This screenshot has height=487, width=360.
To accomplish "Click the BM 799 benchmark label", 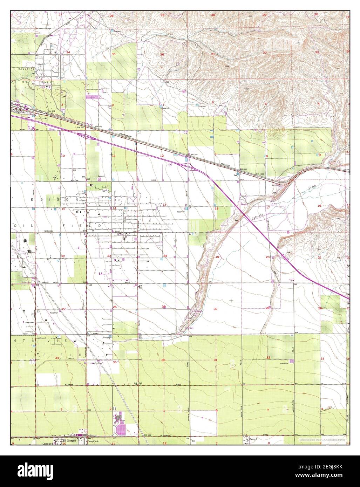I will pyautogui.click(x=193, y=155).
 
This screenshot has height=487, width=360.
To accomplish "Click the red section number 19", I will pyautogui.click(x=217, y=257).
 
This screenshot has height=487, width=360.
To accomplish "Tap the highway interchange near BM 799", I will pyautogui.click(x=187, y=163).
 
